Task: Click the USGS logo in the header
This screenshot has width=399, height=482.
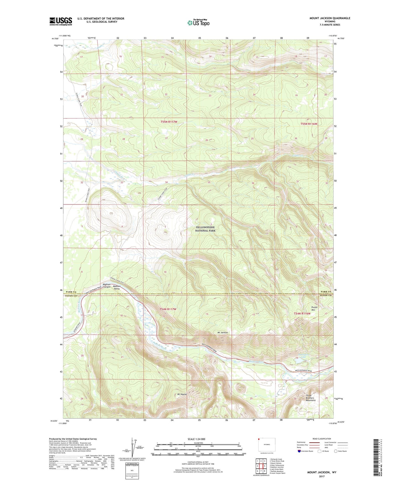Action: tap(61, 21)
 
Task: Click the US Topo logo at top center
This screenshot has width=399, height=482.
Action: tap(198, 23)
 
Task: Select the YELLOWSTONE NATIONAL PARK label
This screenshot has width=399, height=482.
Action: tap(205, 229)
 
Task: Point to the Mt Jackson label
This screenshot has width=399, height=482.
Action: tap(223, 333)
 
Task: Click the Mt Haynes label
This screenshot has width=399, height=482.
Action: tap(182, 394)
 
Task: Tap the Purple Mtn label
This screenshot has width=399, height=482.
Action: tap(314, 308)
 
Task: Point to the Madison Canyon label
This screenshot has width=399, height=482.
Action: tap(107, 285)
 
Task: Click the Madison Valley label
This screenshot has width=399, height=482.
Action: tap(117, 288)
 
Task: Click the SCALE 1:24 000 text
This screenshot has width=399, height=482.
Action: tap(196, 439)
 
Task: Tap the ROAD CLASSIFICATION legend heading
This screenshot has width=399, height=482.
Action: tap(322, 439)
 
